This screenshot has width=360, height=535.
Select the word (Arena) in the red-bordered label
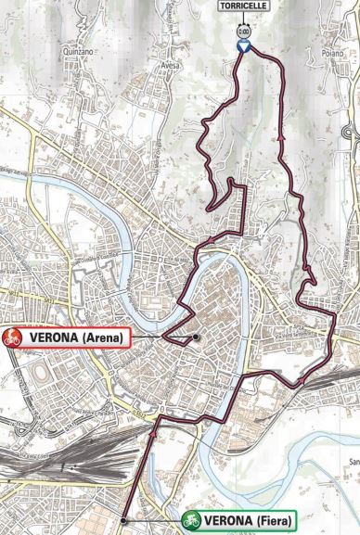tap(103, 338)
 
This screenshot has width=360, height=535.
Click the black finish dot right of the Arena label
tap(197, 338)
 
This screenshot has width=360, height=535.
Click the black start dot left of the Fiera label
tap(123, 519)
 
